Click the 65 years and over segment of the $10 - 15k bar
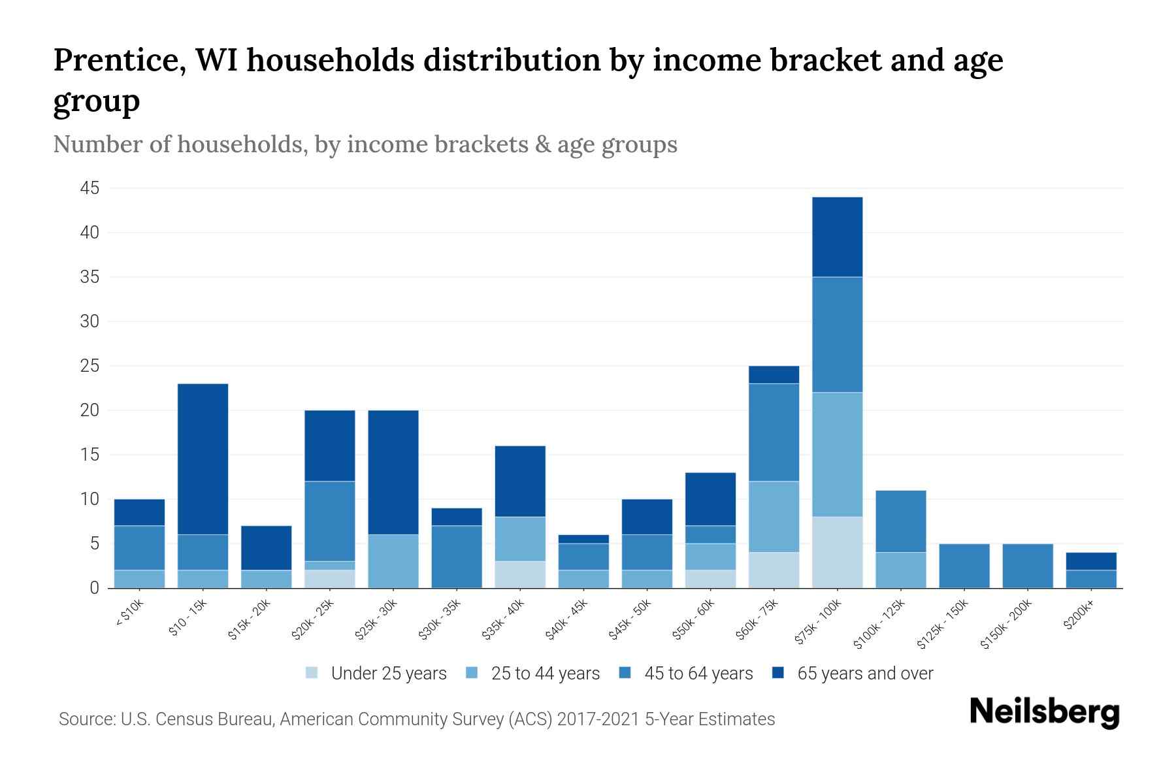point(203,459)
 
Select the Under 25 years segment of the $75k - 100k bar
point(837,552)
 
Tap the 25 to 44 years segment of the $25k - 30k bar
point(393,561)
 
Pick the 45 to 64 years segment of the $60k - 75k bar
point(774,433)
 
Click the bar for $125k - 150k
point(964,566)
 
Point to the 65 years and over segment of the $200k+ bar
point(1091,561)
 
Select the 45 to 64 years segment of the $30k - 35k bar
point(457,557)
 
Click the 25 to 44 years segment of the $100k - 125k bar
point(900,570)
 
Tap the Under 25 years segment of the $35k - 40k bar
point(520,574)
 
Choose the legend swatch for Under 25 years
point(312,673)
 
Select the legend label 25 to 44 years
point(545,673)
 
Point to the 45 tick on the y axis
point(90,189)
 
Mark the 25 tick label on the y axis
point(90,367)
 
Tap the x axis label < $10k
point(129,614)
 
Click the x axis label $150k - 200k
point(1007,625)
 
